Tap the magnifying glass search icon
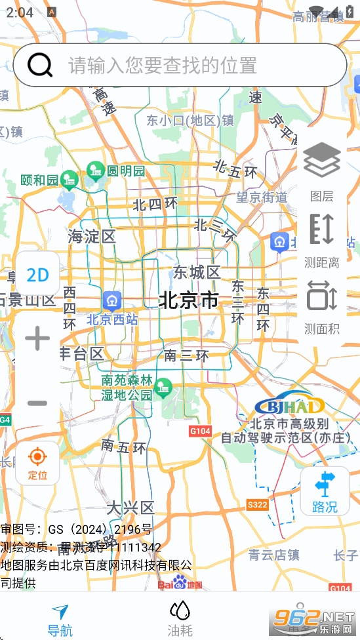41,65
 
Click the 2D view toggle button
38,275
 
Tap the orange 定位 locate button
37,462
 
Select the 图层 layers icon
322,170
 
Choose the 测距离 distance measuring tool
322,239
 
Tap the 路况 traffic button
325,491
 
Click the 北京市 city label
189,300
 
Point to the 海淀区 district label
92,237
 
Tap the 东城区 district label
197,272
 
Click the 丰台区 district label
82,354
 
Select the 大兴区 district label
130,508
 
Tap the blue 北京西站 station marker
112,301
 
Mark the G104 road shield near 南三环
200,431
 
